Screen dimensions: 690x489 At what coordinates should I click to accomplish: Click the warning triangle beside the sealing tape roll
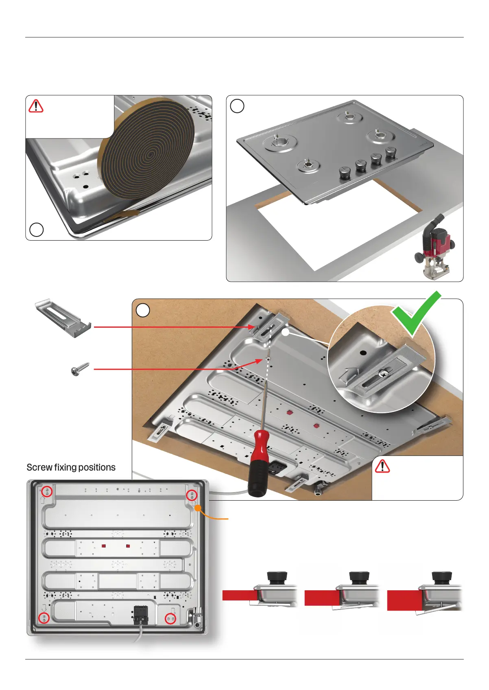(36, 106)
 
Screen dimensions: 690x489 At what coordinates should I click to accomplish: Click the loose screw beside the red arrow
(80, 369)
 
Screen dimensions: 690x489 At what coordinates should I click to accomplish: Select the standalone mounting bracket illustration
(63, 318)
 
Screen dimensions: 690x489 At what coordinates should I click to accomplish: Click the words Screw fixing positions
(71, 467)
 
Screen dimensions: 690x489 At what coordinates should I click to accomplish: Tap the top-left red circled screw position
(47, 491)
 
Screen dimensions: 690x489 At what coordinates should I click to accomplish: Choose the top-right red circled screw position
(192, 495)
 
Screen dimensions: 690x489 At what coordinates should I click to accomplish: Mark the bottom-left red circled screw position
(44, 618)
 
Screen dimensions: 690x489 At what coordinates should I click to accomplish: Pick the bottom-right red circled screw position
(170, 619)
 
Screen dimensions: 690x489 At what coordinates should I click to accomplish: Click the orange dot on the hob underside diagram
(197, 508)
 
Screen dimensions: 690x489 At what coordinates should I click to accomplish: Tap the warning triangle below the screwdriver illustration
(382, 467)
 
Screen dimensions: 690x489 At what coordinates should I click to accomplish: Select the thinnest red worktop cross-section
(240, 595)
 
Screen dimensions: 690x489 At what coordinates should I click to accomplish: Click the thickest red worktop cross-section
(404, 600)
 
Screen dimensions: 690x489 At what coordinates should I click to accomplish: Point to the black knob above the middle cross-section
(359, 576)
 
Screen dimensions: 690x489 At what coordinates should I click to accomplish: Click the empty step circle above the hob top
(237, 106)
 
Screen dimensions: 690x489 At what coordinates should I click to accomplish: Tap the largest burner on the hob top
(280, 143)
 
